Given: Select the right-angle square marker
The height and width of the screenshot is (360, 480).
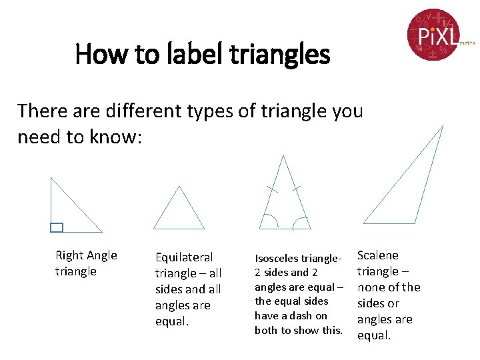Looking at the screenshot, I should (x=57, y=227).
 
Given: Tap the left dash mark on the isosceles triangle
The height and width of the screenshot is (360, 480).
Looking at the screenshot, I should (x=271, y=189).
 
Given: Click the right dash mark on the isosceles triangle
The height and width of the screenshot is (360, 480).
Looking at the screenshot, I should (x=296, y=189).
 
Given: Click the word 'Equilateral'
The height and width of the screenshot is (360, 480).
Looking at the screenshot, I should (x=184, y=257).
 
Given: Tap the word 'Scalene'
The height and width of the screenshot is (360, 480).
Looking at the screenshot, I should (x=378, y=255).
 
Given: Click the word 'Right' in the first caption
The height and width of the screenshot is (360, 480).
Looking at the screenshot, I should (x=69, y=255).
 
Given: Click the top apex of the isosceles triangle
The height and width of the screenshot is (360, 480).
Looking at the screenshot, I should (x=284, y=157).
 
